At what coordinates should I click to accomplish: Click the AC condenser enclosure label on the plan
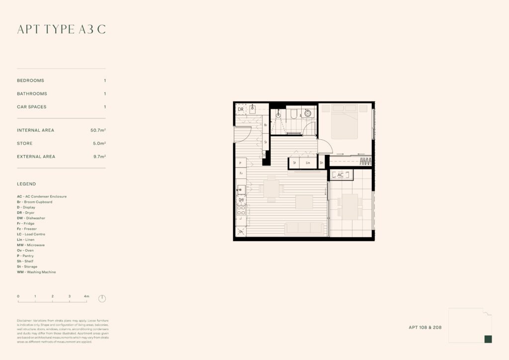point(340,175)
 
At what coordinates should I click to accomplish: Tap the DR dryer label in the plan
point(241,109)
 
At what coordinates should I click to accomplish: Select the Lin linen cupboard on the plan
point(308,163)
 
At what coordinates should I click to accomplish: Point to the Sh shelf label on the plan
point(321,163)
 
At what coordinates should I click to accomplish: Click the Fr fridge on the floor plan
point(241,174)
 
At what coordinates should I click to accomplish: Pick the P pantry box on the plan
point(241,163)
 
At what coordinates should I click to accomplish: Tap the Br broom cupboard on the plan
point(266,125)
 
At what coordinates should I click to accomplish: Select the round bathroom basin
point(308,113)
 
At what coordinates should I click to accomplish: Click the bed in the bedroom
point(344,121)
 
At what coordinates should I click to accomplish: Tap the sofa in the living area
point(304,228)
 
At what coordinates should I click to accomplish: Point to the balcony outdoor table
point(350,206)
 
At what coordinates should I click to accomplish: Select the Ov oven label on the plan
point(241,232)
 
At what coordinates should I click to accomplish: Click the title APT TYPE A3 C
point(61,29)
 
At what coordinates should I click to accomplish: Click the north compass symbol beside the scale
point(102,299)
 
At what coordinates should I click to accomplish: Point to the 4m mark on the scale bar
point(86,296)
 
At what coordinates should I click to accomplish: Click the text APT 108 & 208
point(425,328)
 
